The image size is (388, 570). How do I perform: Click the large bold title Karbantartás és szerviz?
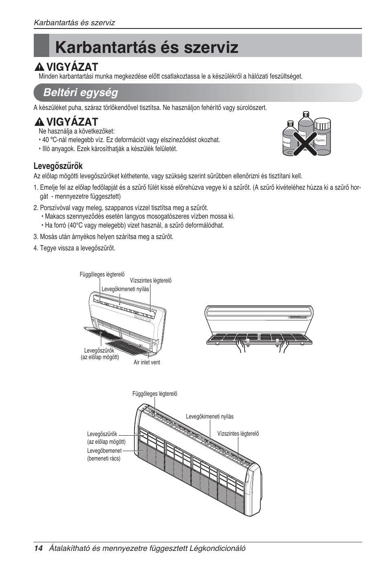click(x=146, y=47)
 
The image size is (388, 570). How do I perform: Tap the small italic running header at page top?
click(x=74, y=23)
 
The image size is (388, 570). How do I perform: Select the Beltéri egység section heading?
click(x=81, y=92)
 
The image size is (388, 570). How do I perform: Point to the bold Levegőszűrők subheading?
click(x=58, y=166)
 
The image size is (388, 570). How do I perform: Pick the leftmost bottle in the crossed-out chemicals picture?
click(x=289, y=141)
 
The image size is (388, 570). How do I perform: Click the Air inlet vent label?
click(x=147, y=362)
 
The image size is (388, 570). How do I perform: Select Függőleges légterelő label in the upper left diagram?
click(x=102, y=274)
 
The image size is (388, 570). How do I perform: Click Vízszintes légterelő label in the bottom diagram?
click(x=238, y=434)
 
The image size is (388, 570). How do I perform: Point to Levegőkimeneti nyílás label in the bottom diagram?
click(x=209, y=417)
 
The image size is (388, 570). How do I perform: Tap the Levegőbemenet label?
click(x=104, y=451)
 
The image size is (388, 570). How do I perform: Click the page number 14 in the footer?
click(x=38, y=548)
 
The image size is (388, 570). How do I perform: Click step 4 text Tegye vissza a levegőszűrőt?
click(x=74, y=248)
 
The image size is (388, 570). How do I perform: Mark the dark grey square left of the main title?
click(x=41, y=45)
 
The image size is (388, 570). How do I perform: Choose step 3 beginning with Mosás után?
click(x=103, y=237)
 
